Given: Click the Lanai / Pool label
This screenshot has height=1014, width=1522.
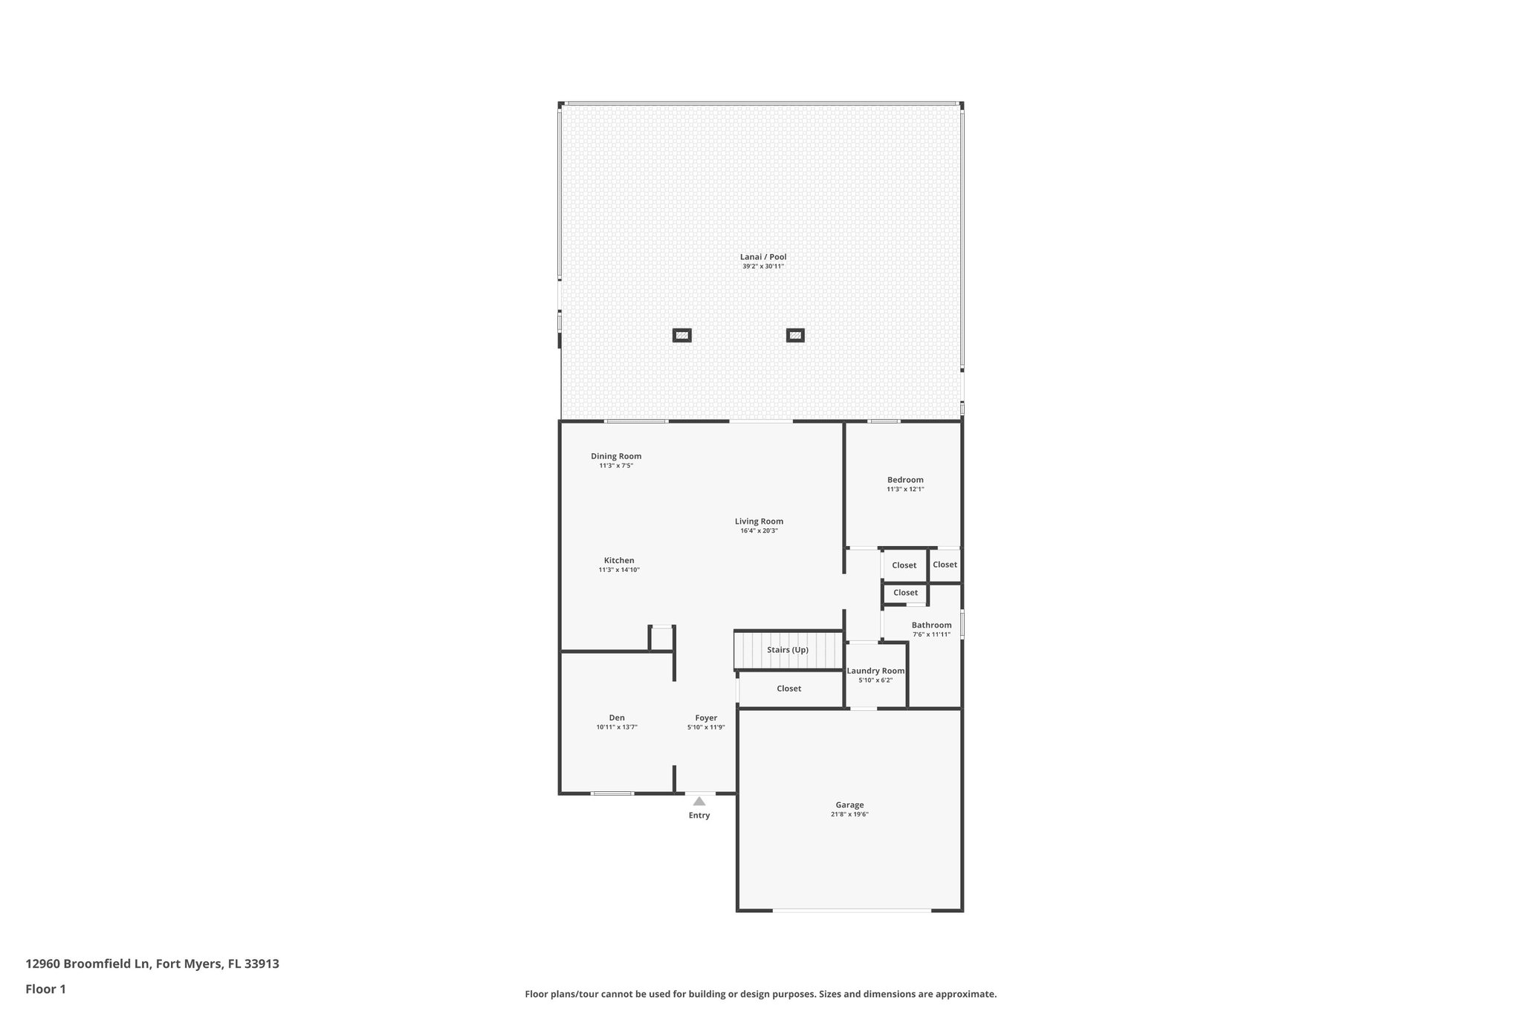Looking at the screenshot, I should point(762,257).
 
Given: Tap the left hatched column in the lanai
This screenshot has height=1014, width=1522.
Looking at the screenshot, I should point(681,336).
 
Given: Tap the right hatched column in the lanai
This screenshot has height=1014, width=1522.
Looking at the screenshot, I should point(795,336).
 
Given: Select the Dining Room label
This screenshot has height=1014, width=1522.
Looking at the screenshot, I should point(616,456).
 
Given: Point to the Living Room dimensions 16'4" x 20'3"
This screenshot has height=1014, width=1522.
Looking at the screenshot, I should point(759,531).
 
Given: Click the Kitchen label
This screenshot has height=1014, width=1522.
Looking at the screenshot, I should point(619,561).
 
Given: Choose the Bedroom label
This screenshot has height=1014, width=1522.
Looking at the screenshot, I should point(905,480).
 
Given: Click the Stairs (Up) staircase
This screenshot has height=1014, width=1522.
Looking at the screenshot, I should point(788,650).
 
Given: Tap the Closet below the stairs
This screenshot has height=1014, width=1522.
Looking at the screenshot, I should point(788,689).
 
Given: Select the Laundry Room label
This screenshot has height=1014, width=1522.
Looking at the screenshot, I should point(875,671).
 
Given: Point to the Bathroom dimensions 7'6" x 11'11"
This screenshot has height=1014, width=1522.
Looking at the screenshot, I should point(931,635).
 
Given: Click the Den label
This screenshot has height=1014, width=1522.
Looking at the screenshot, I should point(617,718).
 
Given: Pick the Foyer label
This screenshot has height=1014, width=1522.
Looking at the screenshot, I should point(706,718).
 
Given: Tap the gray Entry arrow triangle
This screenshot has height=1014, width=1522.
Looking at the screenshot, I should point(699,802).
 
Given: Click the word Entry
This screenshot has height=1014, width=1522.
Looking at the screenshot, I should point(699,816).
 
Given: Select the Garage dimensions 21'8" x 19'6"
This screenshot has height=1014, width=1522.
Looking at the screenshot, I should point(849,815).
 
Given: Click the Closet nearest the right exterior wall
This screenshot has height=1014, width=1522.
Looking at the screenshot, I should point(945,565).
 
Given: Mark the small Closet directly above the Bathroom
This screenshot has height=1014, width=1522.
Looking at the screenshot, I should point(905,593).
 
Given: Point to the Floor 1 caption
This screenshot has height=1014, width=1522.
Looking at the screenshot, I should point(45,989).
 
